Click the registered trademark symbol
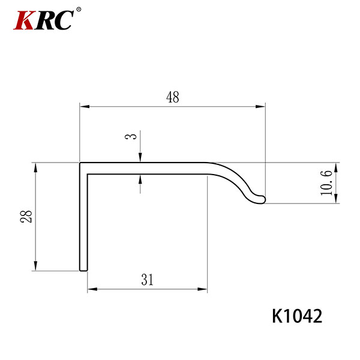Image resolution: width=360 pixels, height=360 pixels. [x=79, y=10]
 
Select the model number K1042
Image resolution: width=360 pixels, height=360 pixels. [x=297, y=316]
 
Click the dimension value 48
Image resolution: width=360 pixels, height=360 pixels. [x=173, y=97]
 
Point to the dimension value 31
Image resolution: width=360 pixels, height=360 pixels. [x=147, y=280]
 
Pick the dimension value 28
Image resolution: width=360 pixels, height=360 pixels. [x=26, y=216]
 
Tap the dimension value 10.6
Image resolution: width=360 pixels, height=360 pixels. [x=326, y=183]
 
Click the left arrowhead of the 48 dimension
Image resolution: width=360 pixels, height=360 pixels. [x=85, y=107]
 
